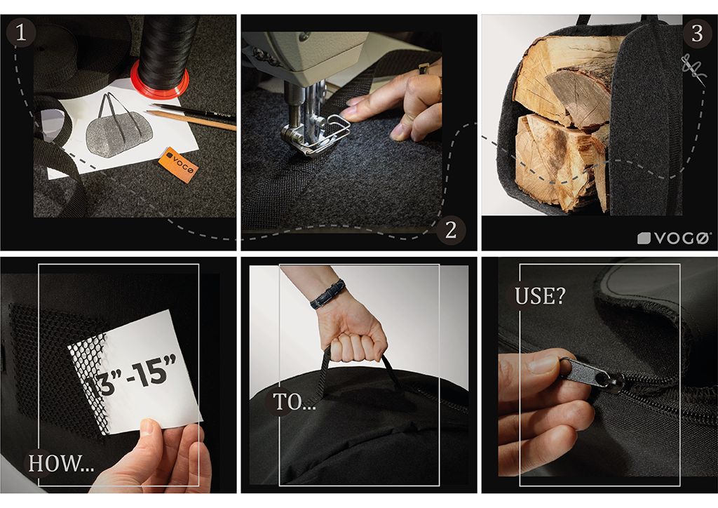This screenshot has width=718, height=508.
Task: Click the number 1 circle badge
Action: click(20, 32)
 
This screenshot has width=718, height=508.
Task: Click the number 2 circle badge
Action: click(451, 230)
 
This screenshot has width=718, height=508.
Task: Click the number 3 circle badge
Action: click(697, 33)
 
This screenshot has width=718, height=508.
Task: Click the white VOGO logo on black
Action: click(675, 238)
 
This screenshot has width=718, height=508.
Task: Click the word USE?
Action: click(540, 296)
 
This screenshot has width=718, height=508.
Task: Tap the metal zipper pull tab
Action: click(590, 373)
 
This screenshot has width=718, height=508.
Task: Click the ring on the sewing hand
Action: click(424, 69)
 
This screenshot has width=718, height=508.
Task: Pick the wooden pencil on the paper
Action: click(191, 121)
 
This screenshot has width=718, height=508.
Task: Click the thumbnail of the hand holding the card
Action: click(147, 427)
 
